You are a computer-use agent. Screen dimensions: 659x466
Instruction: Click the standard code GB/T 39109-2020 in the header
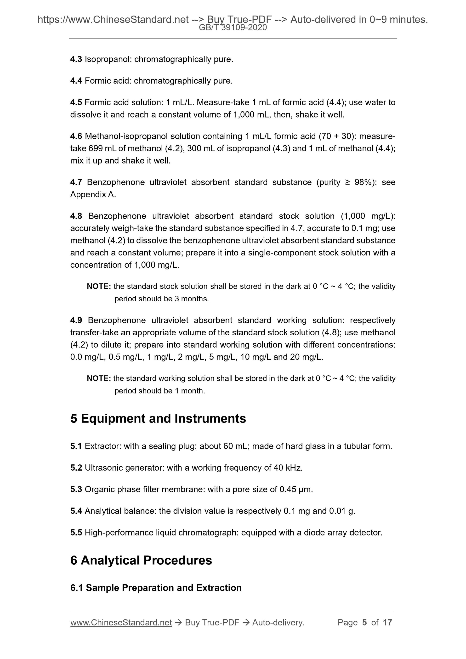[233, 28]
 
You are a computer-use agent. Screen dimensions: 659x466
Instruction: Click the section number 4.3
[76, 59]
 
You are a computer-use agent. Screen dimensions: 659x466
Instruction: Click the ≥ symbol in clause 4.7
[347, 182]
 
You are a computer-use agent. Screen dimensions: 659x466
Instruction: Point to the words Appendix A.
[93, 195]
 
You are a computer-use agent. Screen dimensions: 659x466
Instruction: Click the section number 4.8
[76, 216]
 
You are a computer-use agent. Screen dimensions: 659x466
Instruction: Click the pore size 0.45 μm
[296, 489]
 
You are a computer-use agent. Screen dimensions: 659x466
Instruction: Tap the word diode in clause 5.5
[315, 533]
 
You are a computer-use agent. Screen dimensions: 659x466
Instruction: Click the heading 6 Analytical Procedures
[141, 560]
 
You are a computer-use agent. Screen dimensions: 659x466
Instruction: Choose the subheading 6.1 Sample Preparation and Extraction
[156, 588]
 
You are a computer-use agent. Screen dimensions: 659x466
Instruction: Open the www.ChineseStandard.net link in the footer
[121, 623]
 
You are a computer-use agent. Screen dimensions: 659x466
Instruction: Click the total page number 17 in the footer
[387, 623]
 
